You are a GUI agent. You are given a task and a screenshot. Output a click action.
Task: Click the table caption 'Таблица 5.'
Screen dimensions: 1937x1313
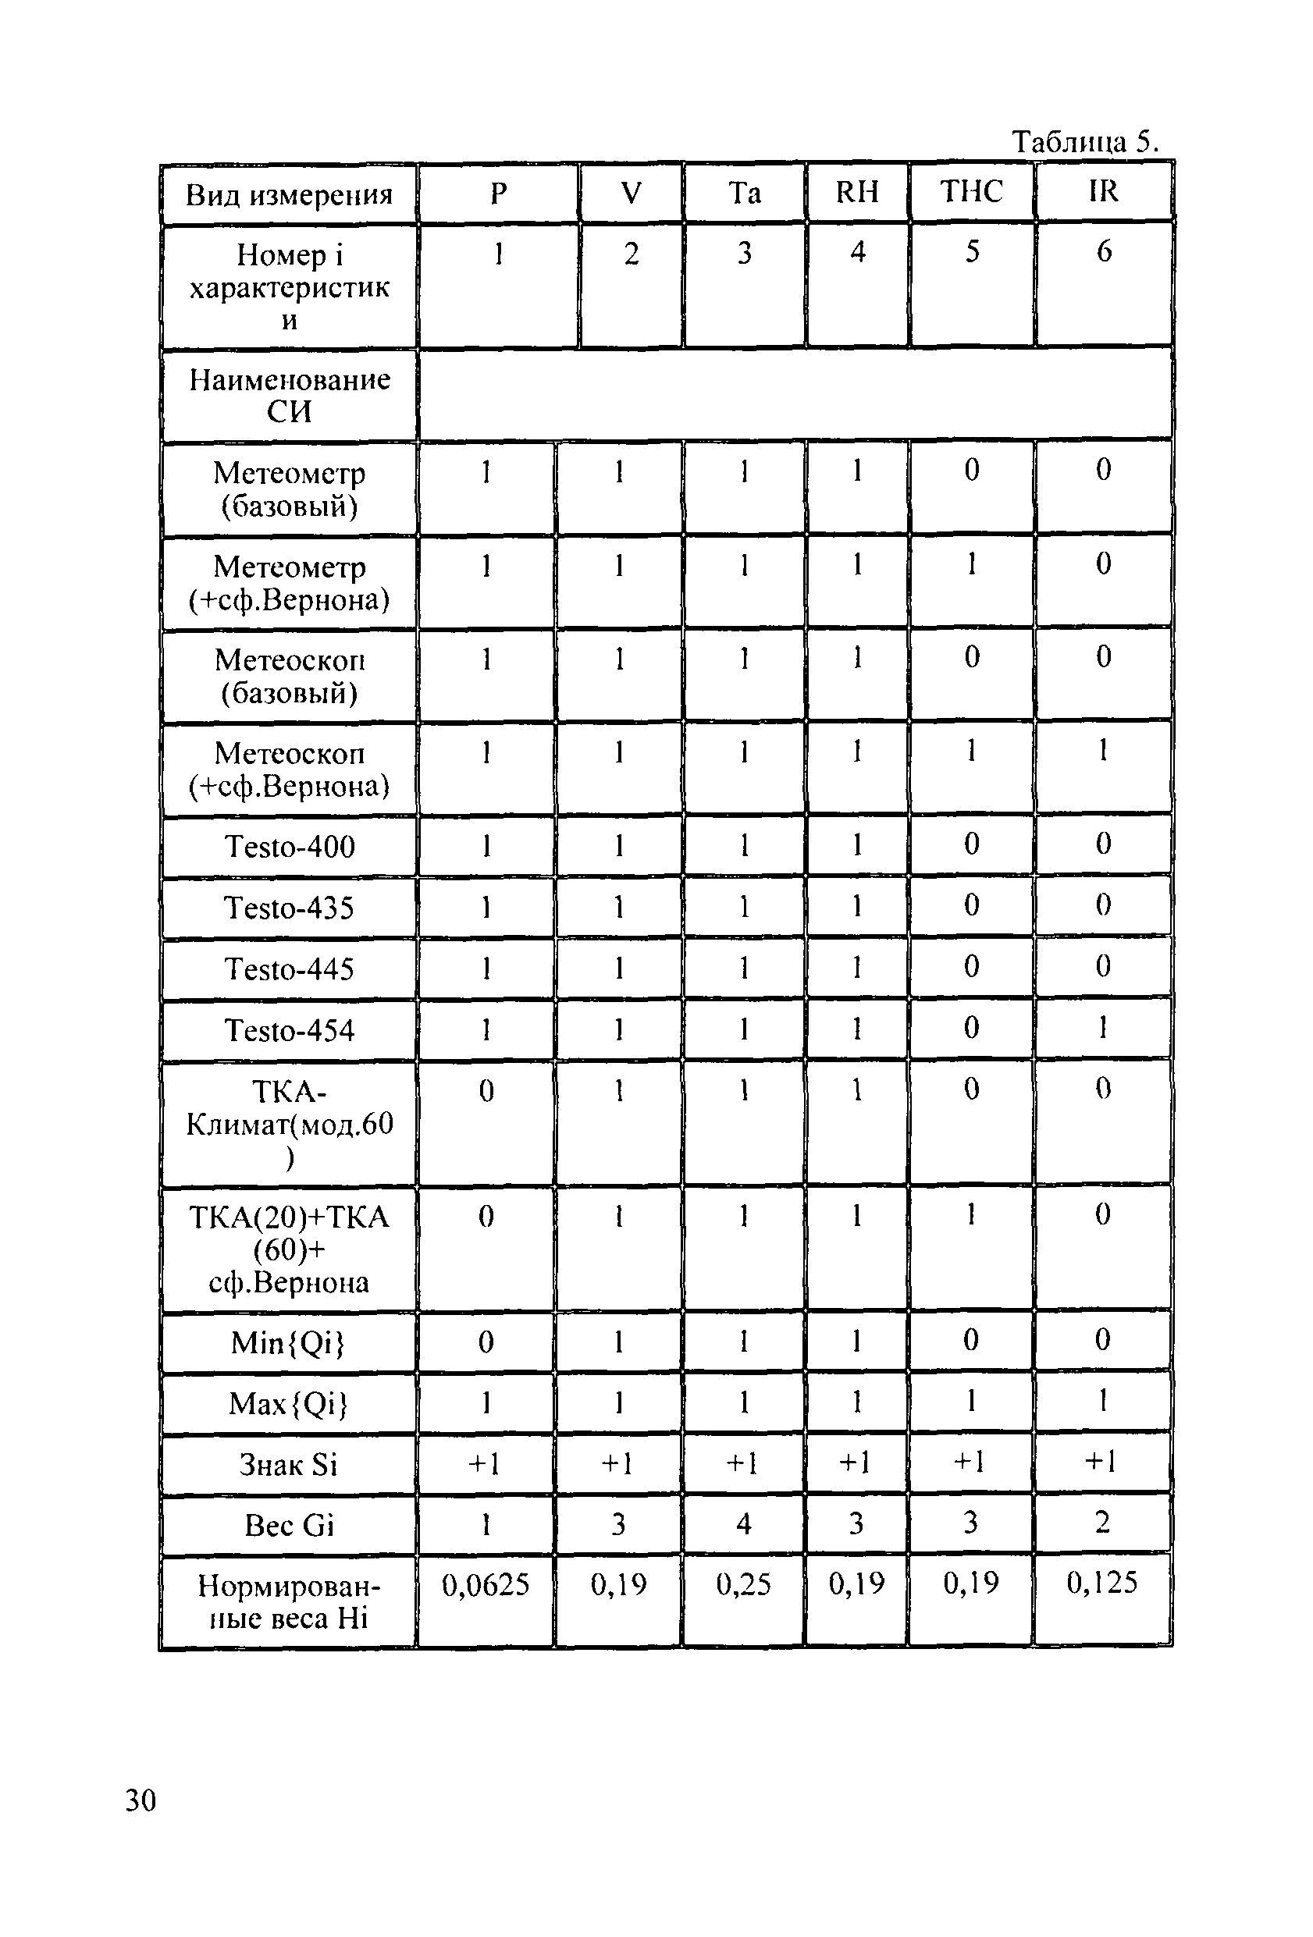pyautogui.click(x=1084, y=143)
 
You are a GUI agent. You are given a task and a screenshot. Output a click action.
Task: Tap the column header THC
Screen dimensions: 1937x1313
pyautogui.click(x=971, y=193)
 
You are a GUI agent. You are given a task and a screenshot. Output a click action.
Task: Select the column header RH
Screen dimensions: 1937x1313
pyautogui.click(x=857, y=193)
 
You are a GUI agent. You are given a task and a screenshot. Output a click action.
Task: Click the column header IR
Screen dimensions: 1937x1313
pyautogui.click(x=1103, y=192)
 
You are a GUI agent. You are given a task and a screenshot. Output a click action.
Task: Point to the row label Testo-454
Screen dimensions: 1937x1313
pyautogui.click(x=290, y=1031)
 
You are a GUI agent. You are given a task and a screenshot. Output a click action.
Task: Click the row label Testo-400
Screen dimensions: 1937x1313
pyautogui.click(x=290, y=847)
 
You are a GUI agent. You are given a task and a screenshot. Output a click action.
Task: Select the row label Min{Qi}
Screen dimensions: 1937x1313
pyautogui.click(x=287, y=1343)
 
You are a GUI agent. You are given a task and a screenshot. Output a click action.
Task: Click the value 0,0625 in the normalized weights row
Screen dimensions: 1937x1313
pyautogui.click(x=486, y=1584)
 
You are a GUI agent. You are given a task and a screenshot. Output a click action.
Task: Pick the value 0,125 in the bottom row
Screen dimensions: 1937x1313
pyautogui.click(x=1101, y=1583)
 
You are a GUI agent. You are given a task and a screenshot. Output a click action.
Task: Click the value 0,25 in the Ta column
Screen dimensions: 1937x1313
pyautogui.click(x=744, y=1584)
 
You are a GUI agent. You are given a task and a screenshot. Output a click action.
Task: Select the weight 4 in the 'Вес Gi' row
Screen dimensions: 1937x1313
pyautogui.click(x=744, y=1524)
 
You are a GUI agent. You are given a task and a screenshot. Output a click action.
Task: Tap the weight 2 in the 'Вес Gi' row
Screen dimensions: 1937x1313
pyautogui.click(x=1102, y=1523)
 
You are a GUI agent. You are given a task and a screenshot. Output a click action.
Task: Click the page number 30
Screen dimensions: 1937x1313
pyautogui.click(x=140, y=1801)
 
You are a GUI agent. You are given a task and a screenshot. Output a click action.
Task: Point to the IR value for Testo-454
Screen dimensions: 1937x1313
pyautogui.click(x=1103, y=1028)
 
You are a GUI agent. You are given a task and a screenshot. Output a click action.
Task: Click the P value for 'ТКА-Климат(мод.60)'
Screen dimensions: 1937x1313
pyautogui.click(x=486, y=1091)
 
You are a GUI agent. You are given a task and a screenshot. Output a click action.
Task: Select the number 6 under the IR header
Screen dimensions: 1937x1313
pyautogui.click(x=1104, y=252)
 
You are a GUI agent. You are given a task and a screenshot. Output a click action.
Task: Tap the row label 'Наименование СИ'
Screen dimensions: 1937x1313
pyautogui.click(x=290, y=395)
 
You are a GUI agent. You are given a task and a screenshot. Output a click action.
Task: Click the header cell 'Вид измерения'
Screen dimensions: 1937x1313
pyautogui.click(x=290, y=195)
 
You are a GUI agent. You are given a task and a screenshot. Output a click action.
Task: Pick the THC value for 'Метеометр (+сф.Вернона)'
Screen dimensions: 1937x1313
pyautogui.click(x=971, y=565)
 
